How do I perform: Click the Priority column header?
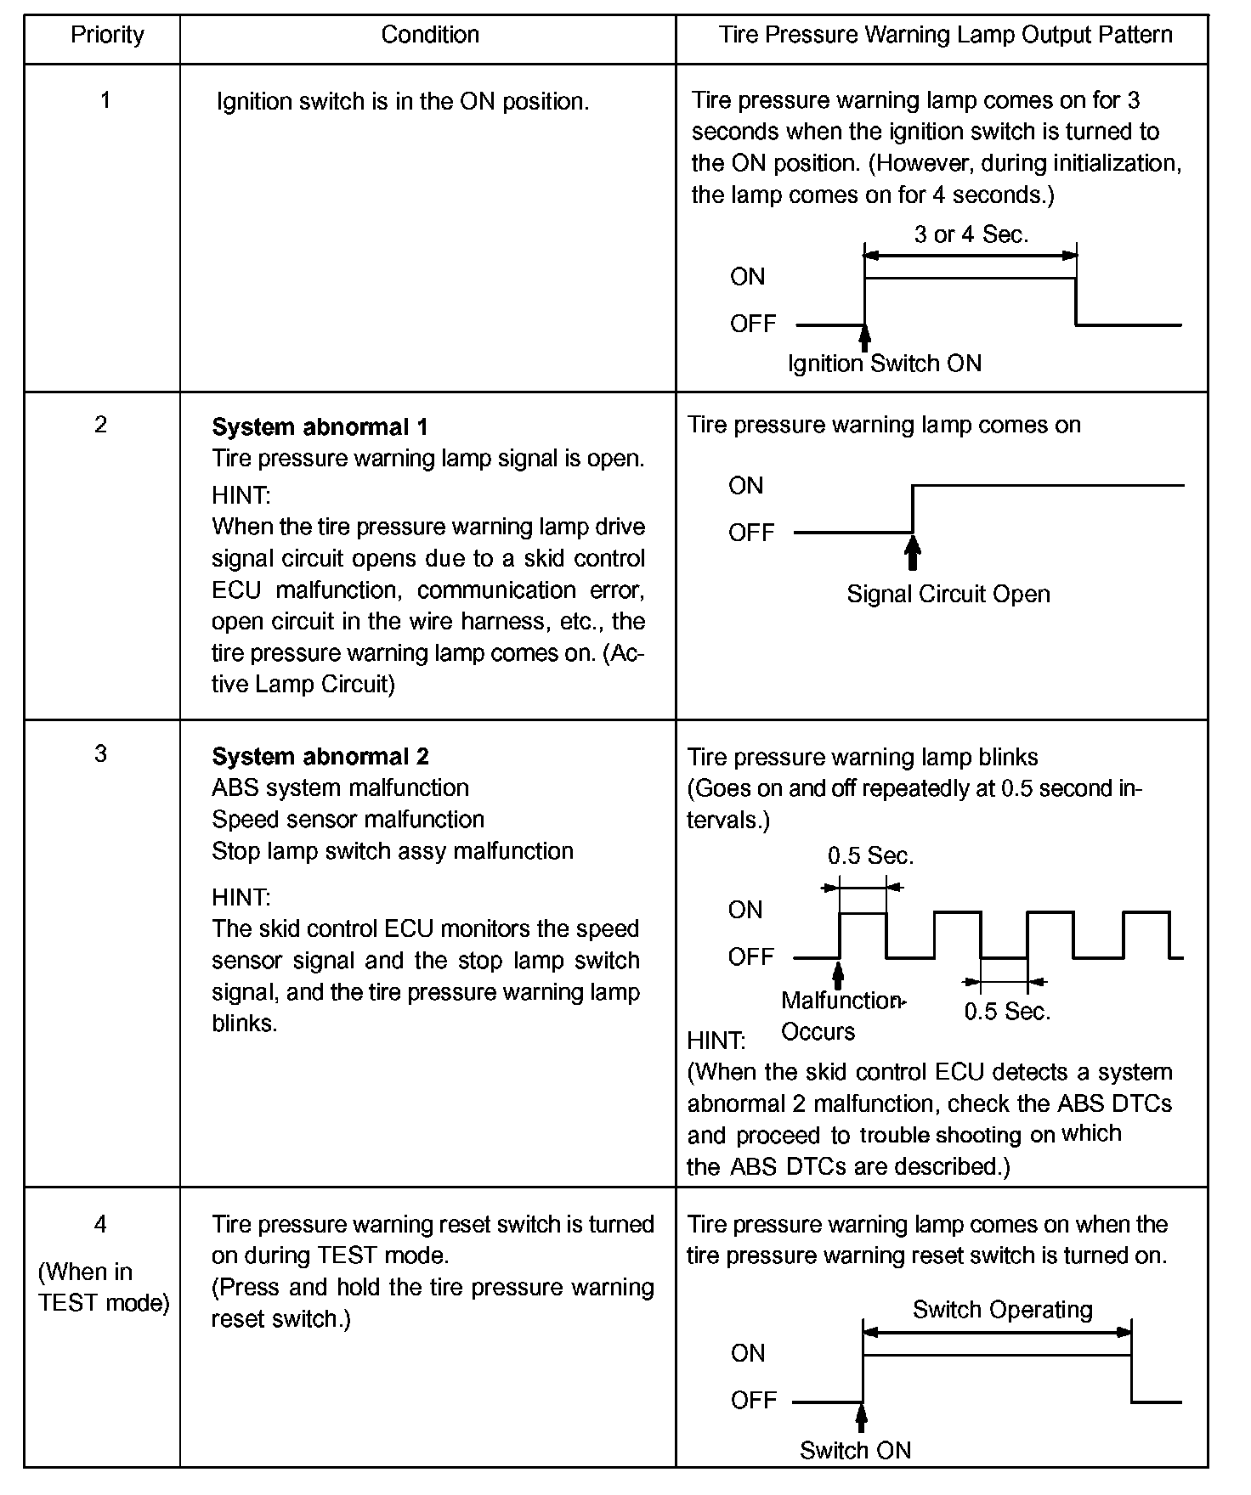[x=107, y=35]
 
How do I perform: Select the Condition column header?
[x=429, y=35]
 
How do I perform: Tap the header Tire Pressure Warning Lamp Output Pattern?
[x=945, y=35]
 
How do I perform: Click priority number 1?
[x=105, y=100]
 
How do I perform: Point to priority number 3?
[x=100, y=753]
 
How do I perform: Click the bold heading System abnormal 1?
[x=320, y=426]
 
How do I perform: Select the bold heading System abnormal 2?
[x=320, y=756]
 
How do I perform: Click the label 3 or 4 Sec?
[x=971, y=234]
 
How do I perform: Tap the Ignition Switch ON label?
[x=884, y=364]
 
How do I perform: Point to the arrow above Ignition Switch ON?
[x=864, y=337]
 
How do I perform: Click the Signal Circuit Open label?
[x=948, y=594]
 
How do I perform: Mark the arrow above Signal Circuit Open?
[x=913, y=553]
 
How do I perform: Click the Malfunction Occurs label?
[x=840, y=1016]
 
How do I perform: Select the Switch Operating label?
[x=1002, y=1309]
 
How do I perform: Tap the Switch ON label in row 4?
[x=855, y=1450]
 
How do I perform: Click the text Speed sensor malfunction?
[x=348, y=819]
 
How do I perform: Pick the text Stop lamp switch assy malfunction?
[x=392, y=850]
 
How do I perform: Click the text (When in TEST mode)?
[x=103, y=1287]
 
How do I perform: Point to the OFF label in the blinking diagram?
[x=750, y=956]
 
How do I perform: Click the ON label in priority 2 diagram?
[x=745, y=485]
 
